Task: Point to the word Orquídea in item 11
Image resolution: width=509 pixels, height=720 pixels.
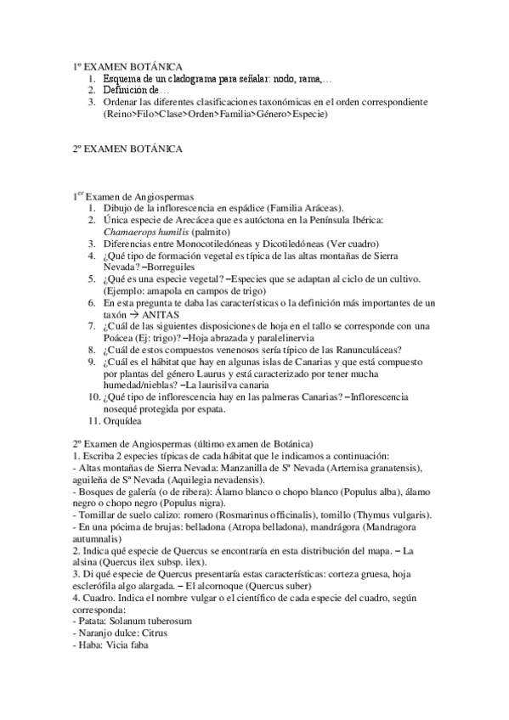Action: (124, 420)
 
